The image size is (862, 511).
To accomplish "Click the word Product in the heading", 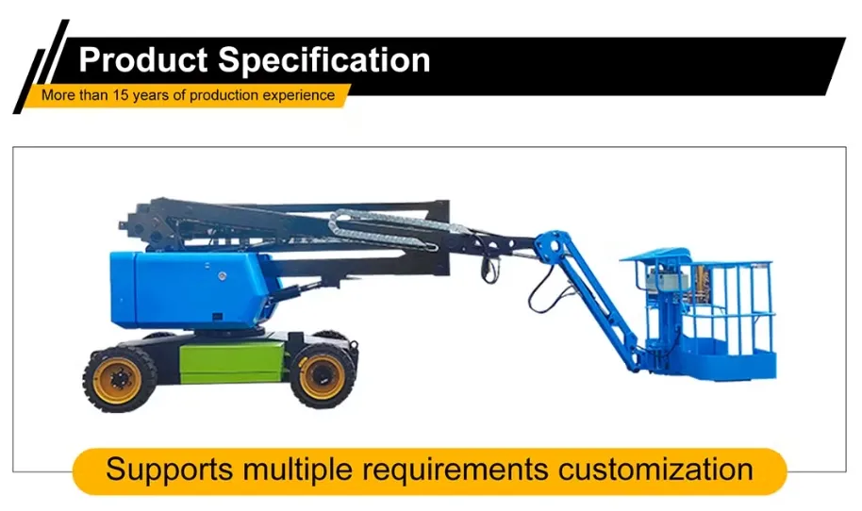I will click(x=143, y=60).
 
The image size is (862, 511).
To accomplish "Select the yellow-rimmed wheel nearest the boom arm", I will click(x=322, y=374).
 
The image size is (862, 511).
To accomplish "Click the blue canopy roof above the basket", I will click(x=655, y=255).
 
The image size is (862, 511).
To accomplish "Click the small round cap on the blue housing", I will click(x=222, y=277).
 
